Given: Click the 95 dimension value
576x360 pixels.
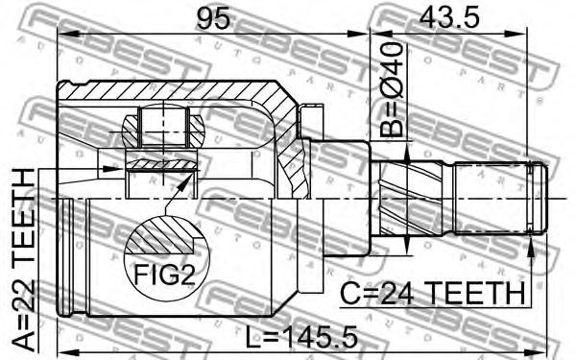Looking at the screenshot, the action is pyautogui.click(x=213, y=18).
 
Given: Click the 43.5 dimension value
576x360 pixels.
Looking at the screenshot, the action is pyautogui.click(x=449, y=18).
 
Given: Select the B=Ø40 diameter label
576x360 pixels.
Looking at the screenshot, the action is pyautogui.click(x=392, y=89).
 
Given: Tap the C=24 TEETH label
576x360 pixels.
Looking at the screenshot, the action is pyautogui.click(x=433, y=294).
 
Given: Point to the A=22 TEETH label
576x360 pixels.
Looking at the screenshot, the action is pyautogui.click(x=24, y=259).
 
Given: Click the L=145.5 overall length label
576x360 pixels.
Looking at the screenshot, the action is pyautogui.click(x=301, y=338).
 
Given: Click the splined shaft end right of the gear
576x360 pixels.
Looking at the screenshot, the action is pyautogui.click(x=499, y=199).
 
